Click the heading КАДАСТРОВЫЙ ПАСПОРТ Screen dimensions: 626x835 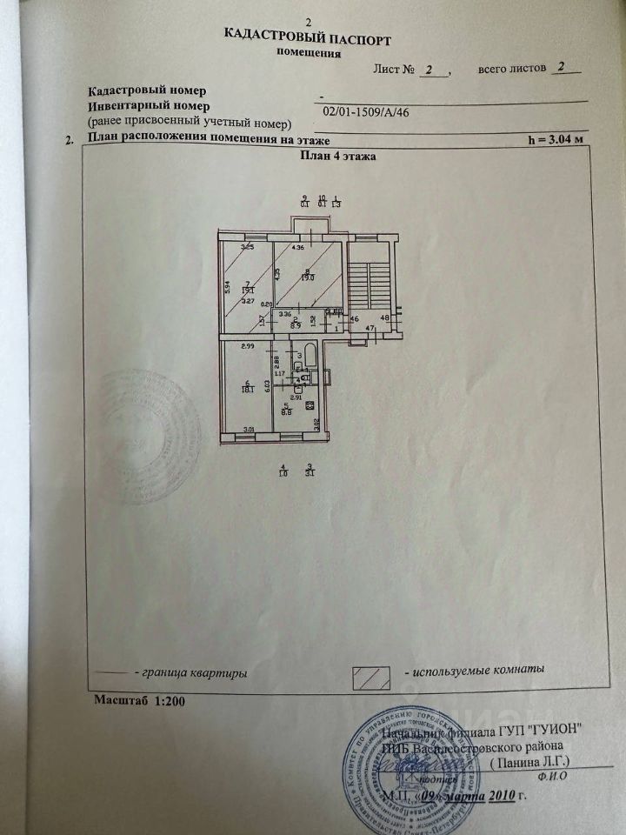[x=308, y=39]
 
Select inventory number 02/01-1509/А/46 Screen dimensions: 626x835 [x=366, y=111]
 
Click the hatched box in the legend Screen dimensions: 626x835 [x=367, y=678]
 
